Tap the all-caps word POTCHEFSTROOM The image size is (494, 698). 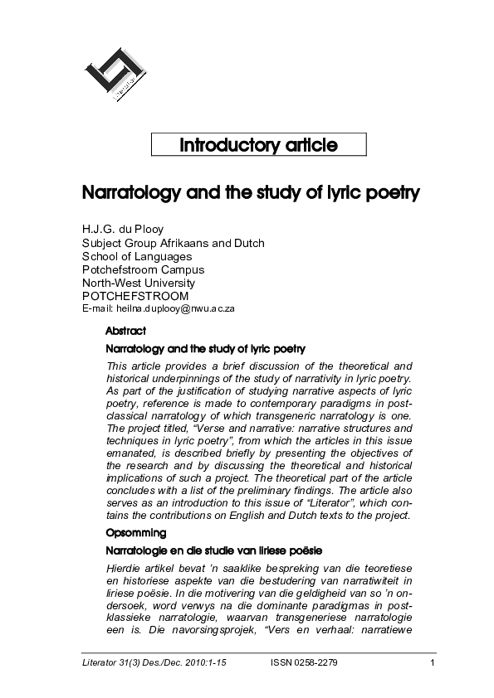point(135,296)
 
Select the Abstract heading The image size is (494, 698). point(126,331)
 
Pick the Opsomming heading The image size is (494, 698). point(136,532)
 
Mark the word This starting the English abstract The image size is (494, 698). point(118,366)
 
